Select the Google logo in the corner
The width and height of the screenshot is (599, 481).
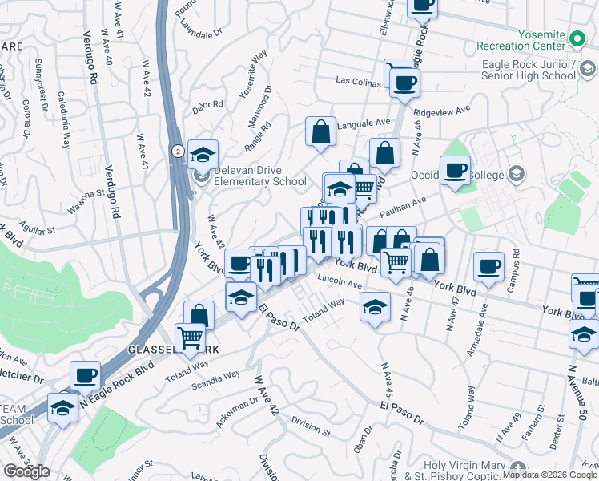coord(26,471)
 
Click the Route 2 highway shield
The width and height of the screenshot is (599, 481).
coord(176,150)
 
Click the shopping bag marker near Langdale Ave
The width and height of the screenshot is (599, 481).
coord(320,131)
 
